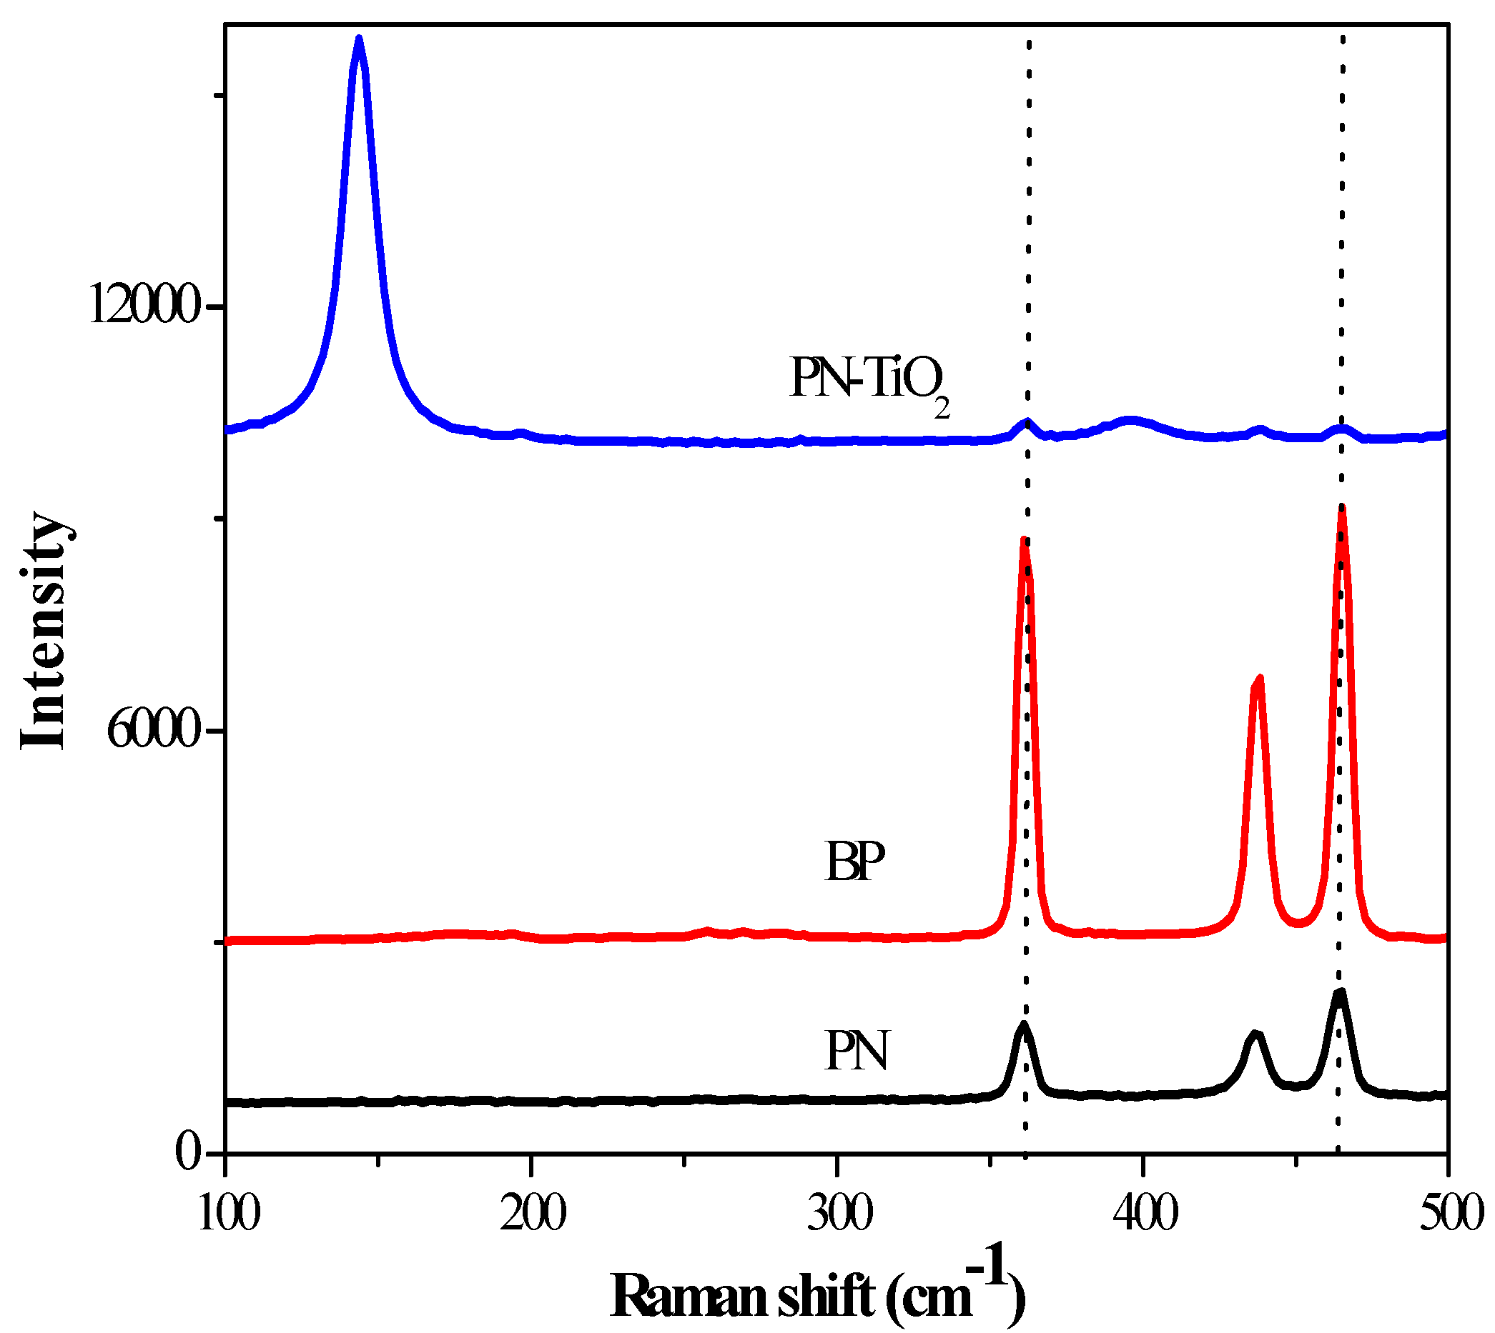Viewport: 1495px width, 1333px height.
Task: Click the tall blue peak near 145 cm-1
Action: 358,40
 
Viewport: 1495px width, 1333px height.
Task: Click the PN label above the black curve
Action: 856,1052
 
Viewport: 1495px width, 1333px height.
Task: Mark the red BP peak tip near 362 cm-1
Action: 1024,542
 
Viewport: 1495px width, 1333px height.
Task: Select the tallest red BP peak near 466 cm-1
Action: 1342,508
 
